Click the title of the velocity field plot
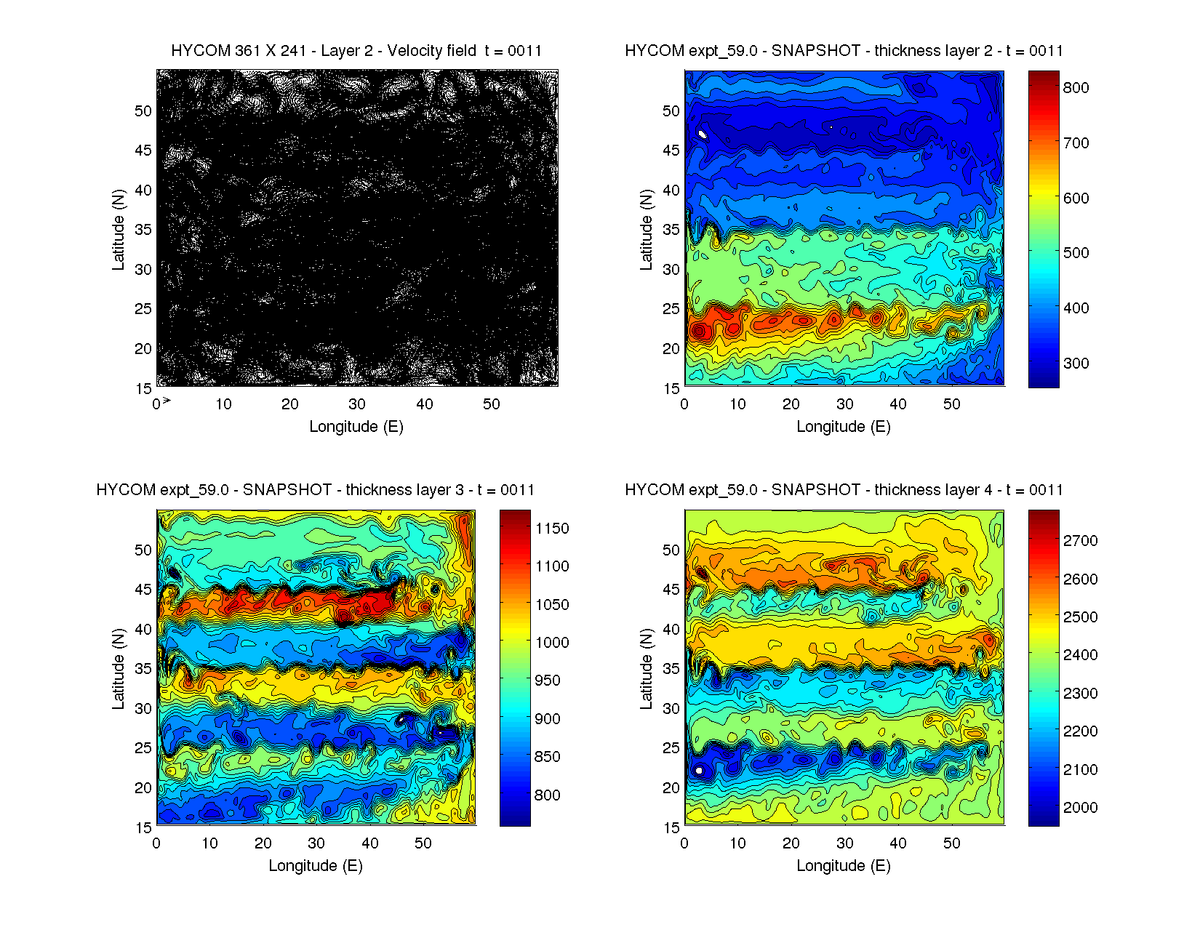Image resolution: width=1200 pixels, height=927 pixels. [x=356, y=51]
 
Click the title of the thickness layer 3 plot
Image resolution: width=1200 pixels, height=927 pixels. [x=315, y=490]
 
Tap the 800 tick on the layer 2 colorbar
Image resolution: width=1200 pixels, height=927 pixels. [x=1076, y=88]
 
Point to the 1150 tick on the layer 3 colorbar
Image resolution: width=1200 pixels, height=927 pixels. [x=551, y=529]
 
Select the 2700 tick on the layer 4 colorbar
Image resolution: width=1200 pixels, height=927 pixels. [x=1080, y=541]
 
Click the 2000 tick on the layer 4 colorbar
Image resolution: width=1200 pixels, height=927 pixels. [x=1080, y=808]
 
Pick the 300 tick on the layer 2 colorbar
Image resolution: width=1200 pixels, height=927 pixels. [x=1076, y=364]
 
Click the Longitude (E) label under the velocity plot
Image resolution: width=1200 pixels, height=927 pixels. [x=356, y=427]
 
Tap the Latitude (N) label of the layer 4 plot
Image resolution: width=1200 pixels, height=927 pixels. [x=646, y=669]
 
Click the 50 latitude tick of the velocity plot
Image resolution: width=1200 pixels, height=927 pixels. [x=143, y=111]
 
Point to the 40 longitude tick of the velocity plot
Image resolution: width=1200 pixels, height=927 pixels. [x=424, y=404]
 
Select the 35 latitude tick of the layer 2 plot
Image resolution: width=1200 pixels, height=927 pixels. [x=671, y=230]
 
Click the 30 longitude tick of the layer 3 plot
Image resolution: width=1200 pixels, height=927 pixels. [x=316, y=843]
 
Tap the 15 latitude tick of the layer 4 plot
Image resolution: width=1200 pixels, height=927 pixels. [x=671, y=827]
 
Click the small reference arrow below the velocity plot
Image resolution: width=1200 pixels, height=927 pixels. [x=167, y=401]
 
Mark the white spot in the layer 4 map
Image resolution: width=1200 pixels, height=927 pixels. [x=699, y=770]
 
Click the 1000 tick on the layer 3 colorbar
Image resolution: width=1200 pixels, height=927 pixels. [x=551, y=643]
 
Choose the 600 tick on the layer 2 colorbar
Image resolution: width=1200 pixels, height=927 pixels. [x=1076, y=198]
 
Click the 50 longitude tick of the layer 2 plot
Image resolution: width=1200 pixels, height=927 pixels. [x=951, y=404]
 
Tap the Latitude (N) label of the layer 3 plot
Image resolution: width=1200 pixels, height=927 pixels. [x=118, y=669]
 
